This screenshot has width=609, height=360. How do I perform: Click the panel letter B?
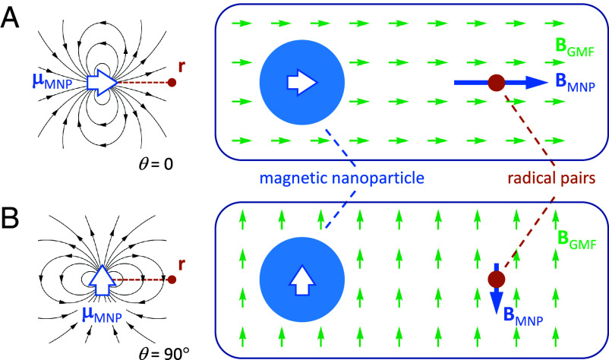pyautogui.click(x=10, y=219)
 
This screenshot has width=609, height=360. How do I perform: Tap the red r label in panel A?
pyautogui.click(x=181, y=67)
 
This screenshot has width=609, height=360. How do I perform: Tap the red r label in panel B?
pyautogui.click(x=181, y=264)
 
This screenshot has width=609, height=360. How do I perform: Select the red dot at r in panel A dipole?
pyautogui.click(x=172, y=82)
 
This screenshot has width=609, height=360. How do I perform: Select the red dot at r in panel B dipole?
pyautogui.click(x=172, y=279)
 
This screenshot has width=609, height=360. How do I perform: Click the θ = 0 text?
pyautogui.click(x=156, y=164)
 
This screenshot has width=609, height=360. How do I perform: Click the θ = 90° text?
pyautogui.click(x=164, y=352)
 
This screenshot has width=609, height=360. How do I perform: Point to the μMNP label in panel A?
pyautogui.click(x=52, y=81)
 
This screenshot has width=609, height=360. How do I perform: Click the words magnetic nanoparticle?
pyautogui.click(x=342, y=178)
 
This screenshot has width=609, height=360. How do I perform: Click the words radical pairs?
pyautogui.click(x=551, y=178)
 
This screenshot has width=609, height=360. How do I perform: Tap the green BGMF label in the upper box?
pyautogui.click(x=575, y=47)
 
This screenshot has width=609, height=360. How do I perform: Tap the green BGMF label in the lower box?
pyautogui.click(x=577, y=239)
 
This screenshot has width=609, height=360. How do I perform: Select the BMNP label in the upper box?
pyautogui.click(x=576, y=82)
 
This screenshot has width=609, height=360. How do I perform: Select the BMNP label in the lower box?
pyautogui.click(x=522, y=316)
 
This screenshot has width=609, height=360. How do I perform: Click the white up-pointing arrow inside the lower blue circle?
pyautogui.click(x=302, y=279)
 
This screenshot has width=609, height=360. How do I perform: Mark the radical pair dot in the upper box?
pyautogui.click(x=497, y=83)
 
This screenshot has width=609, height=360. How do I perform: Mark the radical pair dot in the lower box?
pyautogui.click(x=497, y=279)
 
